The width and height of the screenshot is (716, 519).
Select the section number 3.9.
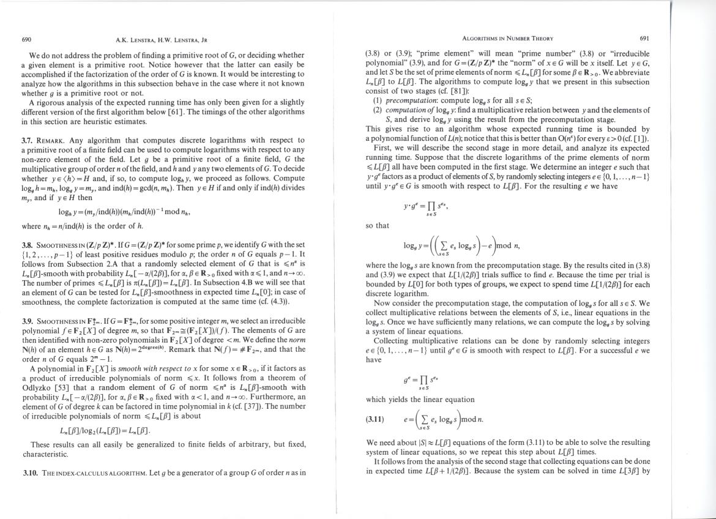click(28, 321)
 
